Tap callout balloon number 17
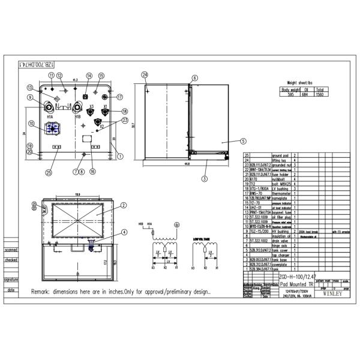point(119,97)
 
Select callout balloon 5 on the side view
point(243,142)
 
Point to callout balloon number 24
point(145,74)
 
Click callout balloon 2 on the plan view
point(122,205)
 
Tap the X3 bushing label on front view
point(91,107)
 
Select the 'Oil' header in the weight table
point(307,89)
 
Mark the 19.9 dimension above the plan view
point(77,194)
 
